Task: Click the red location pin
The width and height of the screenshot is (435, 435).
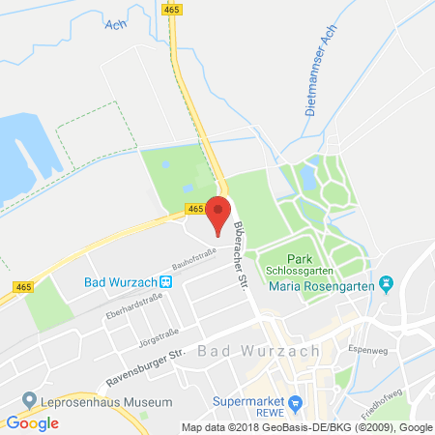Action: [219, 215]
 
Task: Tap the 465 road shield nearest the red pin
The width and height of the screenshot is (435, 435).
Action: [194, 209]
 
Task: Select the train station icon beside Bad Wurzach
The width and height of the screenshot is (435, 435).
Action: [166, 282]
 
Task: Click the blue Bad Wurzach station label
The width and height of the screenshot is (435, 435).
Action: [118, 282]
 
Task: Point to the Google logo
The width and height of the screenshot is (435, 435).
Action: [33, 422]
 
